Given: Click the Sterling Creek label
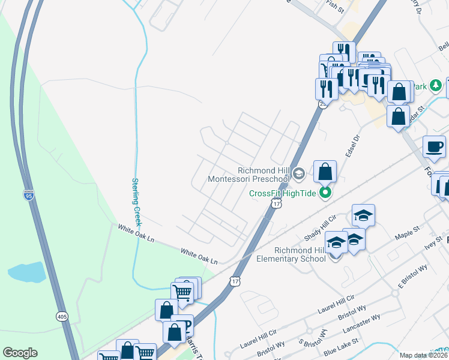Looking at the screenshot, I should pyautogui.click(x=136, y=201).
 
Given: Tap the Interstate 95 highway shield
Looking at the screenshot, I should pyautogui.click(x=28, y=194).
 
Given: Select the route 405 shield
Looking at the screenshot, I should pyautogui.click(x=62, y=316).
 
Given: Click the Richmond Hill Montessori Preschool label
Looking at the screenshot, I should pyautogui.click(x=249, y=174).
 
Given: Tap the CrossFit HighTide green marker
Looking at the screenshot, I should pyautogui.click(x=325, y=193).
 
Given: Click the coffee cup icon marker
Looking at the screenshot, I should pyautogui.click(x=434, y=146).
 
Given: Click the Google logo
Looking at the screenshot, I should pyautogui.click(x=20, y=353).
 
